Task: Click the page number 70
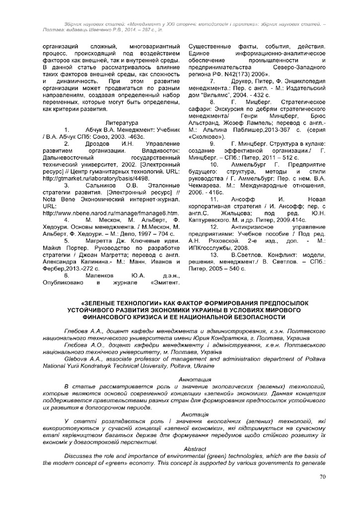coord(322,477)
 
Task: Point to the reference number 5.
coord(66,241)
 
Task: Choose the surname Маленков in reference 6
coord(101,275)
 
